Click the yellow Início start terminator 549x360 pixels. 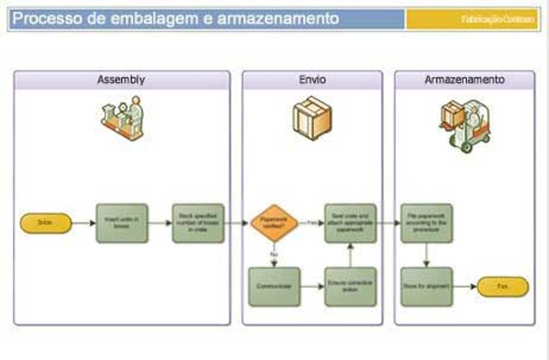pyautogui.click(x=46, y=223)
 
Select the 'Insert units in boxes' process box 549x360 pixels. pyautogui.click(x=122, y=223)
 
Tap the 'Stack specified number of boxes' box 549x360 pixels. pyautogui.click(x=198, y=223)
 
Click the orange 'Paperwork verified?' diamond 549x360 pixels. pyautogui.click(x=274, y=223)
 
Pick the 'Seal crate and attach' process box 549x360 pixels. pyautogui.click(x=350, y=223)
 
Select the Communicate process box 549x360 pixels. pyautogui.click(x=274, y=286)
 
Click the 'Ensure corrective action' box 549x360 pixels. pyautogui.click(x=350, y=286)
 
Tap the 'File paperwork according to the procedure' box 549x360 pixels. pyautogui.click(x=427, y=223)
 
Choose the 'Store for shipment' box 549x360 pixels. pyautogui.click(x=427, y=286)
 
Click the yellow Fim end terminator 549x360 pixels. pyautogui.click(x=503, y=286)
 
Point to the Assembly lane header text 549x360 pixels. pyautogui.click(x=121, y=80)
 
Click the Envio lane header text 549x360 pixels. pyautogui.click(x=312, y=80)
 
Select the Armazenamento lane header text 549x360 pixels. pyautogui.click(x=464, y=80)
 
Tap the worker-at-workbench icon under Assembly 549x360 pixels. pyautogui.click(x=123, y=118)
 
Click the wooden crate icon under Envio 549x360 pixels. pyautogui.click(x=312, y=118)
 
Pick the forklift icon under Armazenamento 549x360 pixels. pyautogui.click(x=466, y=125)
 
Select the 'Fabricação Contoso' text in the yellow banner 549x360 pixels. pyautogui.click(x=498, y=19)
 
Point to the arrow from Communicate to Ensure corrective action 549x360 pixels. pyautogui.click(x=313, y=286)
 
